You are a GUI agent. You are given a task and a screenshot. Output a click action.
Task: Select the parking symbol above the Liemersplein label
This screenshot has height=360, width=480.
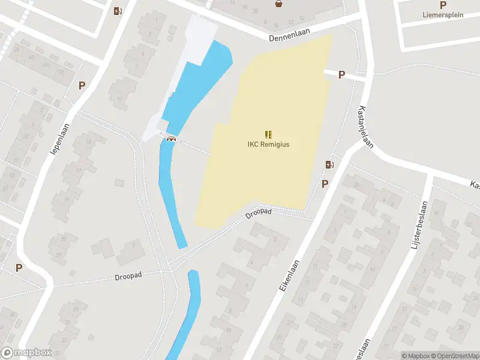click(x=443, y=5)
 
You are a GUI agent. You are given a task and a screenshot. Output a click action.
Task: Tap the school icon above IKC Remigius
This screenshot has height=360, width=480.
click(x=268, y=134)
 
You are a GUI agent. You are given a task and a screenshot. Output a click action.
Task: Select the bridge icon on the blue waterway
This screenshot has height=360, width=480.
click(x=171, y=139)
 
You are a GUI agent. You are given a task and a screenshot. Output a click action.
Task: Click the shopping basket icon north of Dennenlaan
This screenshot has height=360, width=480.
click(x=278, y=4)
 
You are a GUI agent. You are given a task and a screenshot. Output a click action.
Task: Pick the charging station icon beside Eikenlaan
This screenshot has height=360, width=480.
click(x=329, y=164)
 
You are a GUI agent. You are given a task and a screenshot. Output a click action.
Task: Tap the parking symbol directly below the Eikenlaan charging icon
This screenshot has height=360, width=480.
click(x=325, y=184)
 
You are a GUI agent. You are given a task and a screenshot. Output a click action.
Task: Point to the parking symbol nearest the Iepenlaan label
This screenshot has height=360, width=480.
click(x=82, y=85)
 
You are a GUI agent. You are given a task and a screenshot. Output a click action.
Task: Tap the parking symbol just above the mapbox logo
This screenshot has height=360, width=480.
click(x=19, y=268)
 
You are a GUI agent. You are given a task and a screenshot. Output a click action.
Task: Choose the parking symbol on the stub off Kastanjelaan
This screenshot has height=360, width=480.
click(x=341, y=75)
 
